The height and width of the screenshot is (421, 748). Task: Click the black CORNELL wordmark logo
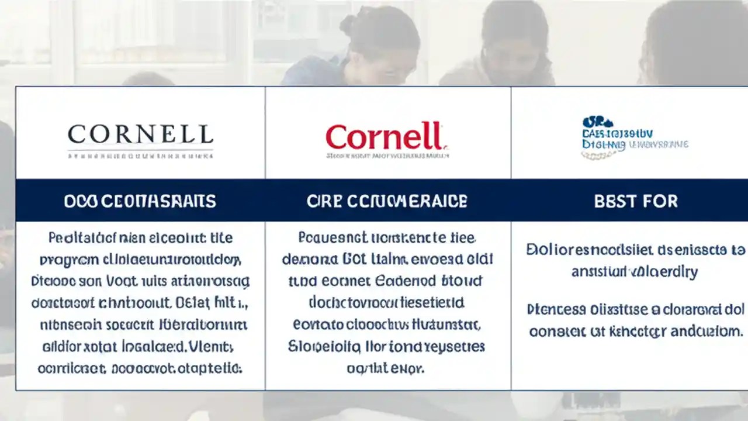(x=140, y=134)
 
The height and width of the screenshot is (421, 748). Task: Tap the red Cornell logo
(x=386, y=137)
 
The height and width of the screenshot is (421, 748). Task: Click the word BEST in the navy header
(x=615, y=202)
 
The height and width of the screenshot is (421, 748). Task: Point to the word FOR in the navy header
(x=660, y=202)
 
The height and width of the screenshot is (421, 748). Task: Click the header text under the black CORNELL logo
(x=140, y=202)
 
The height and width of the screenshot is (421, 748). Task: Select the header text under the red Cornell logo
(x=387, y=202)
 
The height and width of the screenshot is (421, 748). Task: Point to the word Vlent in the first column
(x=214, y=347)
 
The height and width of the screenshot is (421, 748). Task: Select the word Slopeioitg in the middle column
(x=319, y=346)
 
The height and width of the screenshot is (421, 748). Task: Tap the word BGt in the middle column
(x=354, y=259)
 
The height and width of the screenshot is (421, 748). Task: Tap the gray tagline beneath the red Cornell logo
(x=387, y=157)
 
